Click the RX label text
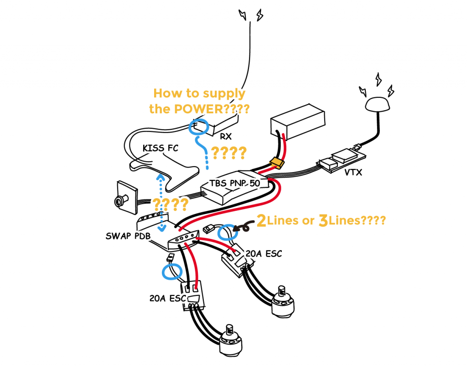tap(226, 136)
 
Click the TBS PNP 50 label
tap(235, 183)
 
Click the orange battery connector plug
tap(276, 163)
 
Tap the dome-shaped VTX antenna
tap(378, 104)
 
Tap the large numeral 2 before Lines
tap(261, 221)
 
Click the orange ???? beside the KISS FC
tap(227, 152)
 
